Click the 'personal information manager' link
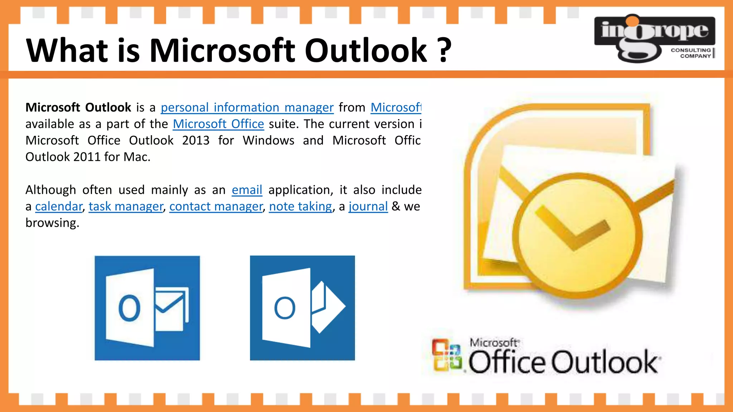(247, 107)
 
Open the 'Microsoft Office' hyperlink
(218, 124)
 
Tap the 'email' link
(247, 190)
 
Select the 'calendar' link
(59, 206)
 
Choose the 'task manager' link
(126, 206)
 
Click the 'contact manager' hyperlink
(216, 206)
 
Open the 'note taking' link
(301, 206)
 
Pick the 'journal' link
(368, 206)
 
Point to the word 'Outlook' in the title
(366, 50)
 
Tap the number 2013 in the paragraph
(195, 140)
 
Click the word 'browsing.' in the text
(52, 223)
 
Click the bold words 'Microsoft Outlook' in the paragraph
(78, 107)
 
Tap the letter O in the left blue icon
(129, 308)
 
